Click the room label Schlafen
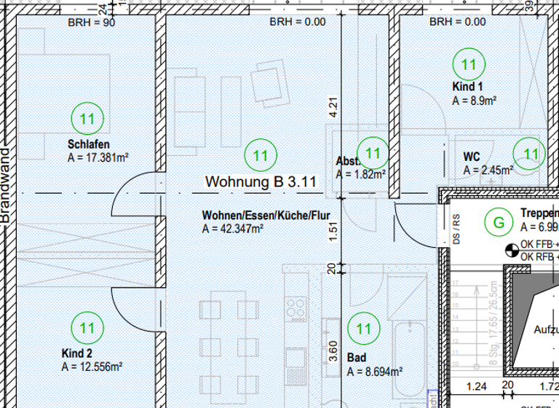click(88, 144)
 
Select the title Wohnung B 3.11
click(261, 182)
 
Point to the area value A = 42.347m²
click(232, 229)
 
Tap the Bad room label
click(357, 358)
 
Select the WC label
click(471, 157)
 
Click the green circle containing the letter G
click(499, 223)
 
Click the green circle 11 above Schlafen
click(88, 118)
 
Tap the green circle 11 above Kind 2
click(88, 329)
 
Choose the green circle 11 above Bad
click(363, 329)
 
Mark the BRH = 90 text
click(92, 22)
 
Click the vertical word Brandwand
click(6, 186)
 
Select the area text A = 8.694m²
click(375, 372)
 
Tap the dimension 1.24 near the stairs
click(476, 386)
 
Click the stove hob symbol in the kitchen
click(296, 308)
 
